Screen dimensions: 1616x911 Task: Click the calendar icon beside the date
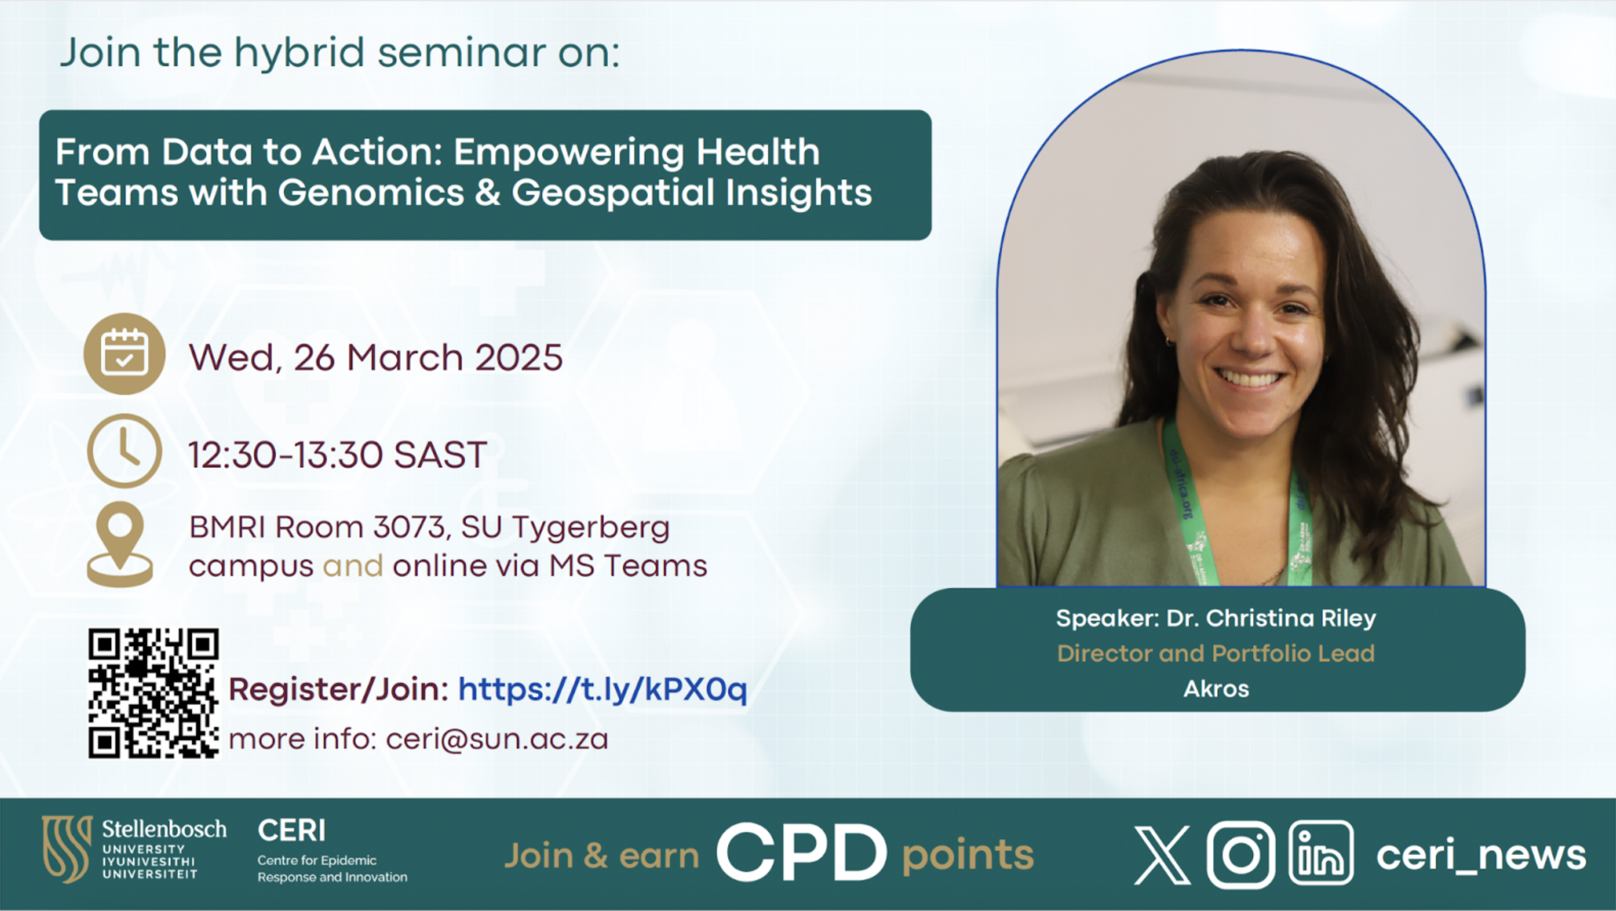(x=124, y=354)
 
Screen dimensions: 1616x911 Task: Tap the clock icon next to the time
(x=124, y=451)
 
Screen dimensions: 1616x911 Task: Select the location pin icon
(x=120, y=544)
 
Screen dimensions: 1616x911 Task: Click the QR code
(x=154, y=694)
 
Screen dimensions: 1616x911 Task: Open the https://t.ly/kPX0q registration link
(x=603, y=690)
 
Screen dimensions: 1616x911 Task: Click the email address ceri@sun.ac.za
(x=497, y=739)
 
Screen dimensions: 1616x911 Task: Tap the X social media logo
(x=1162, y=855)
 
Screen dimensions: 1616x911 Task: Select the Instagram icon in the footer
(x=1241, y=855)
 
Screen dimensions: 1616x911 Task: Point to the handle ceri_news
(x=1481, y=855)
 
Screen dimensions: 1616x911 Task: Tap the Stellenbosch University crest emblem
(x=67, y=848)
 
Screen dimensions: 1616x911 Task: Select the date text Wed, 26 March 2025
(x=376, y=358)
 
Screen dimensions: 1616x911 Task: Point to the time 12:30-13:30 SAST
(x=337, y=455)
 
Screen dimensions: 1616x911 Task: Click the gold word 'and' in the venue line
(x=353, y=566)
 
